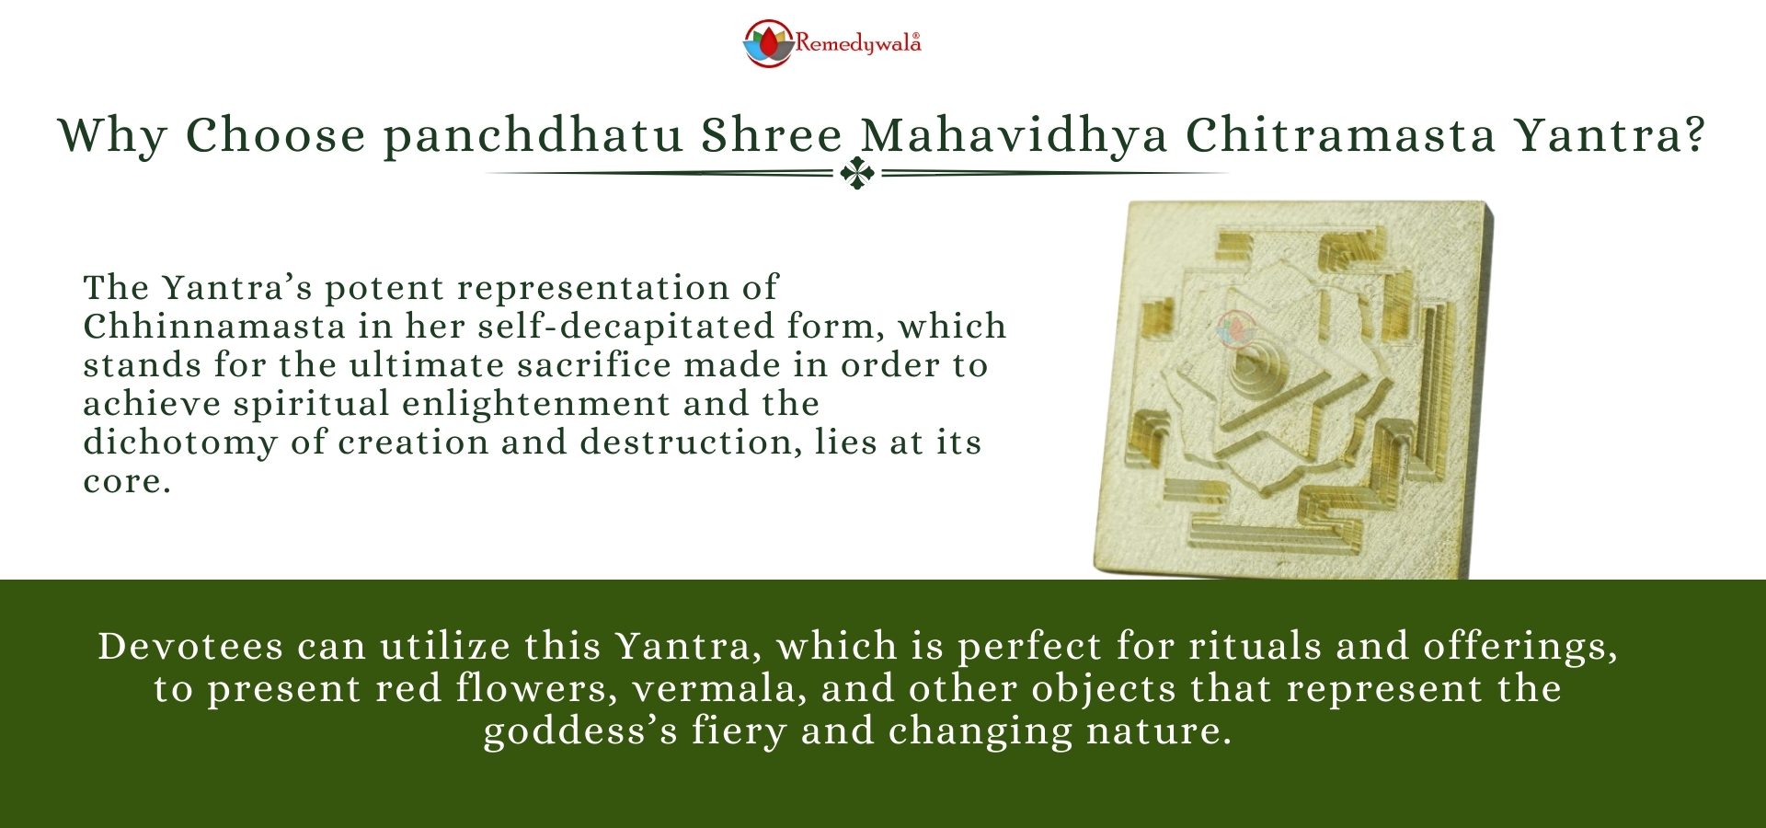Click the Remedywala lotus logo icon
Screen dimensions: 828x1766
coord(767,43)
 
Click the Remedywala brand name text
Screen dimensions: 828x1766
coord(857,43)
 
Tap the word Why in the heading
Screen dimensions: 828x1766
coord(112,136)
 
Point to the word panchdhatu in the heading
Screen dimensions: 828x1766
coord(533,136)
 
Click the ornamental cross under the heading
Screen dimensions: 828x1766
coord(857,173)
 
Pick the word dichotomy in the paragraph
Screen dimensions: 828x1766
coord(180,443)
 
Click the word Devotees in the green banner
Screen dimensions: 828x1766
coord(190,646)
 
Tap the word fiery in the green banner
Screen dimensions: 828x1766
coord(739,731)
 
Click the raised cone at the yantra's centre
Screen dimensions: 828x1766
coord(1253,372)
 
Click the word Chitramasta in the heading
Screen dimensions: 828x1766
coord(1341,136)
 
